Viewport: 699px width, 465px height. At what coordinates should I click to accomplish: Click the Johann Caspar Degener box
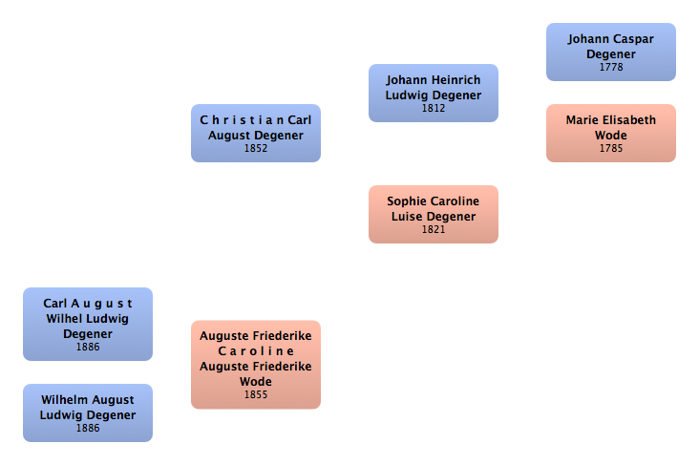(x=610, y=52)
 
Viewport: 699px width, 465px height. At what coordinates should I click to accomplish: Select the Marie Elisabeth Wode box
(x=610, y=133)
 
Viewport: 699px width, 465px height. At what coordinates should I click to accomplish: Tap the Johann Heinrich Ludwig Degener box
(x=433, y=93)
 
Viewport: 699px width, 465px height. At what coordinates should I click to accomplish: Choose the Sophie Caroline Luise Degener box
(x=433, y=214)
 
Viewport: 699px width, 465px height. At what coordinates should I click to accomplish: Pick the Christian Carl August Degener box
(x=255, y=133)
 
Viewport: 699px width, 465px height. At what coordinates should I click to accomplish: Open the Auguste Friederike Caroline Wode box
(x=255, y=364)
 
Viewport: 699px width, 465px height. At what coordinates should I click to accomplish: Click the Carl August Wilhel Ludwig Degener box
(x=87, y=324)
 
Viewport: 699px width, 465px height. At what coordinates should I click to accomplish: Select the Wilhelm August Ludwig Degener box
(x=87, y=412)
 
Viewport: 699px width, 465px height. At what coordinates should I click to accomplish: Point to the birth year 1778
(x=610, y=68)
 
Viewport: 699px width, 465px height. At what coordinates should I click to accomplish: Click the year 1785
(x=610, y=149)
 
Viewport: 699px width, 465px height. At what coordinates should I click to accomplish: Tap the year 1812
(x=433, y=109)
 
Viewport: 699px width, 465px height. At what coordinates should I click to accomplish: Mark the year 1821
(x=433, y=230)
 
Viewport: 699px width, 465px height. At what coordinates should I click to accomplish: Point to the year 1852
(x=255, y=149)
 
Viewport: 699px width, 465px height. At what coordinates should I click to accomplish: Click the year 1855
(x=255, y=395)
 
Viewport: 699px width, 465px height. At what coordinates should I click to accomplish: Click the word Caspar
(x=633, y=39)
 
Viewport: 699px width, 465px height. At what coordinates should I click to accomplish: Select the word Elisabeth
(x=628, y=120)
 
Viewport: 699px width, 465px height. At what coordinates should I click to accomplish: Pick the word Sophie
(x=405, y=201)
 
